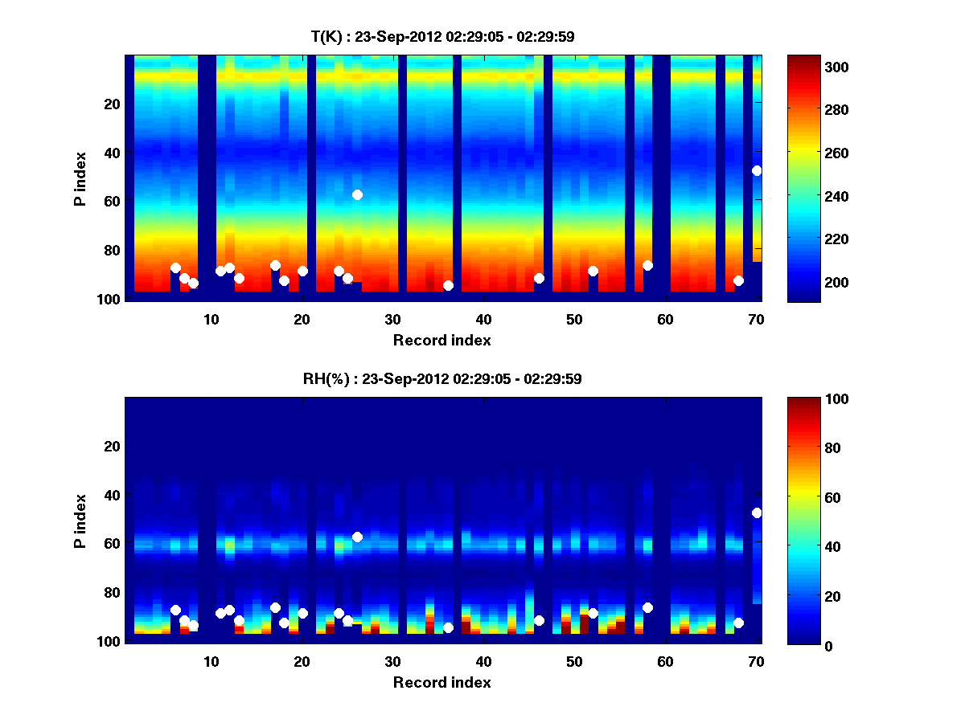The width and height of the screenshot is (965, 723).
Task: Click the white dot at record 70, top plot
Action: [757, 170]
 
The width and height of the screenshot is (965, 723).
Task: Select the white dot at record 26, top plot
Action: [357, 194]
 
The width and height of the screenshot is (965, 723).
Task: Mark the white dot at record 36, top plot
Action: [448, 285]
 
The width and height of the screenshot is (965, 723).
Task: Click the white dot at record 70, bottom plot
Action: [757, 513]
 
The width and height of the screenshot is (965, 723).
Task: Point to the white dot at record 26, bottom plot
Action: [357, 537]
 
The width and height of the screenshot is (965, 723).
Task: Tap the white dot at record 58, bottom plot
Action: [647, 607]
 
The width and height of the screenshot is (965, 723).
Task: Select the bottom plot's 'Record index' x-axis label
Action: [441, 682]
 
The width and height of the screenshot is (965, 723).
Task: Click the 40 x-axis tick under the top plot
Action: [483, 319]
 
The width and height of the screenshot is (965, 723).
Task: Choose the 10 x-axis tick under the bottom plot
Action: [211, 661]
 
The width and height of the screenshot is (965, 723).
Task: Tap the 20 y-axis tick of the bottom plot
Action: [112, 446]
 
